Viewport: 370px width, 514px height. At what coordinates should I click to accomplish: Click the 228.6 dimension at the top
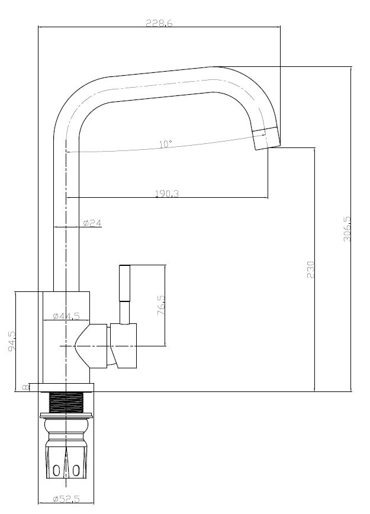pos(159,23)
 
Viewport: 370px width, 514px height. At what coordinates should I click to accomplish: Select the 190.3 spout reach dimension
pos(167,194)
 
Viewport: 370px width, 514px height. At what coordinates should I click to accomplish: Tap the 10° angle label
pos(166,144)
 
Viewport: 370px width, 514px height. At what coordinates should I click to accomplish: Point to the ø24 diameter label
pos(92,223)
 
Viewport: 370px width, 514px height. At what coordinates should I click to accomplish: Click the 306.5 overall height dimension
pos(347,229)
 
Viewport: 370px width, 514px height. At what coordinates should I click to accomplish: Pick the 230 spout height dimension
pos(310,269)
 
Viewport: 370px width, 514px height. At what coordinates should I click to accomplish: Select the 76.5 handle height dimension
pos(161,305)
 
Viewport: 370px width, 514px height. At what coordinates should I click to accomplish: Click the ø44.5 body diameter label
pos(66,316)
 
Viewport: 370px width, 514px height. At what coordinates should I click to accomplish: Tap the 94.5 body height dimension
pos(11,341)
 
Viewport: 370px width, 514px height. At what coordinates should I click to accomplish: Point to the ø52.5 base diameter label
pos(66,499)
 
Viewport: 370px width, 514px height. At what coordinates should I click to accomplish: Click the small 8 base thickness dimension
pos(25,387)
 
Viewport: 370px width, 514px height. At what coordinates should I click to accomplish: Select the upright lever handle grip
pos(125,283)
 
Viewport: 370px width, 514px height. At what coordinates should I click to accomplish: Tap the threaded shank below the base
pos(66,402)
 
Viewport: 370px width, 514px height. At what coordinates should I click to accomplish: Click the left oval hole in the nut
pos(57,471)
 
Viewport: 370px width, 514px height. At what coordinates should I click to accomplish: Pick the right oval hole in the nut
pos(76,471)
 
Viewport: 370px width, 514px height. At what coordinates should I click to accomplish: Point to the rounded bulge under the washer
pos(66,426)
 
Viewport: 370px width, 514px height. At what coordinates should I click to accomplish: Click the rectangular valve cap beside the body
pos(124,345)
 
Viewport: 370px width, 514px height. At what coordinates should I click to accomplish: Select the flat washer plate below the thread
pos(66,415)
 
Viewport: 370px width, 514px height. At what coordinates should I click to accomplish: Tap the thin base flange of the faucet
pos(66,387)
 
